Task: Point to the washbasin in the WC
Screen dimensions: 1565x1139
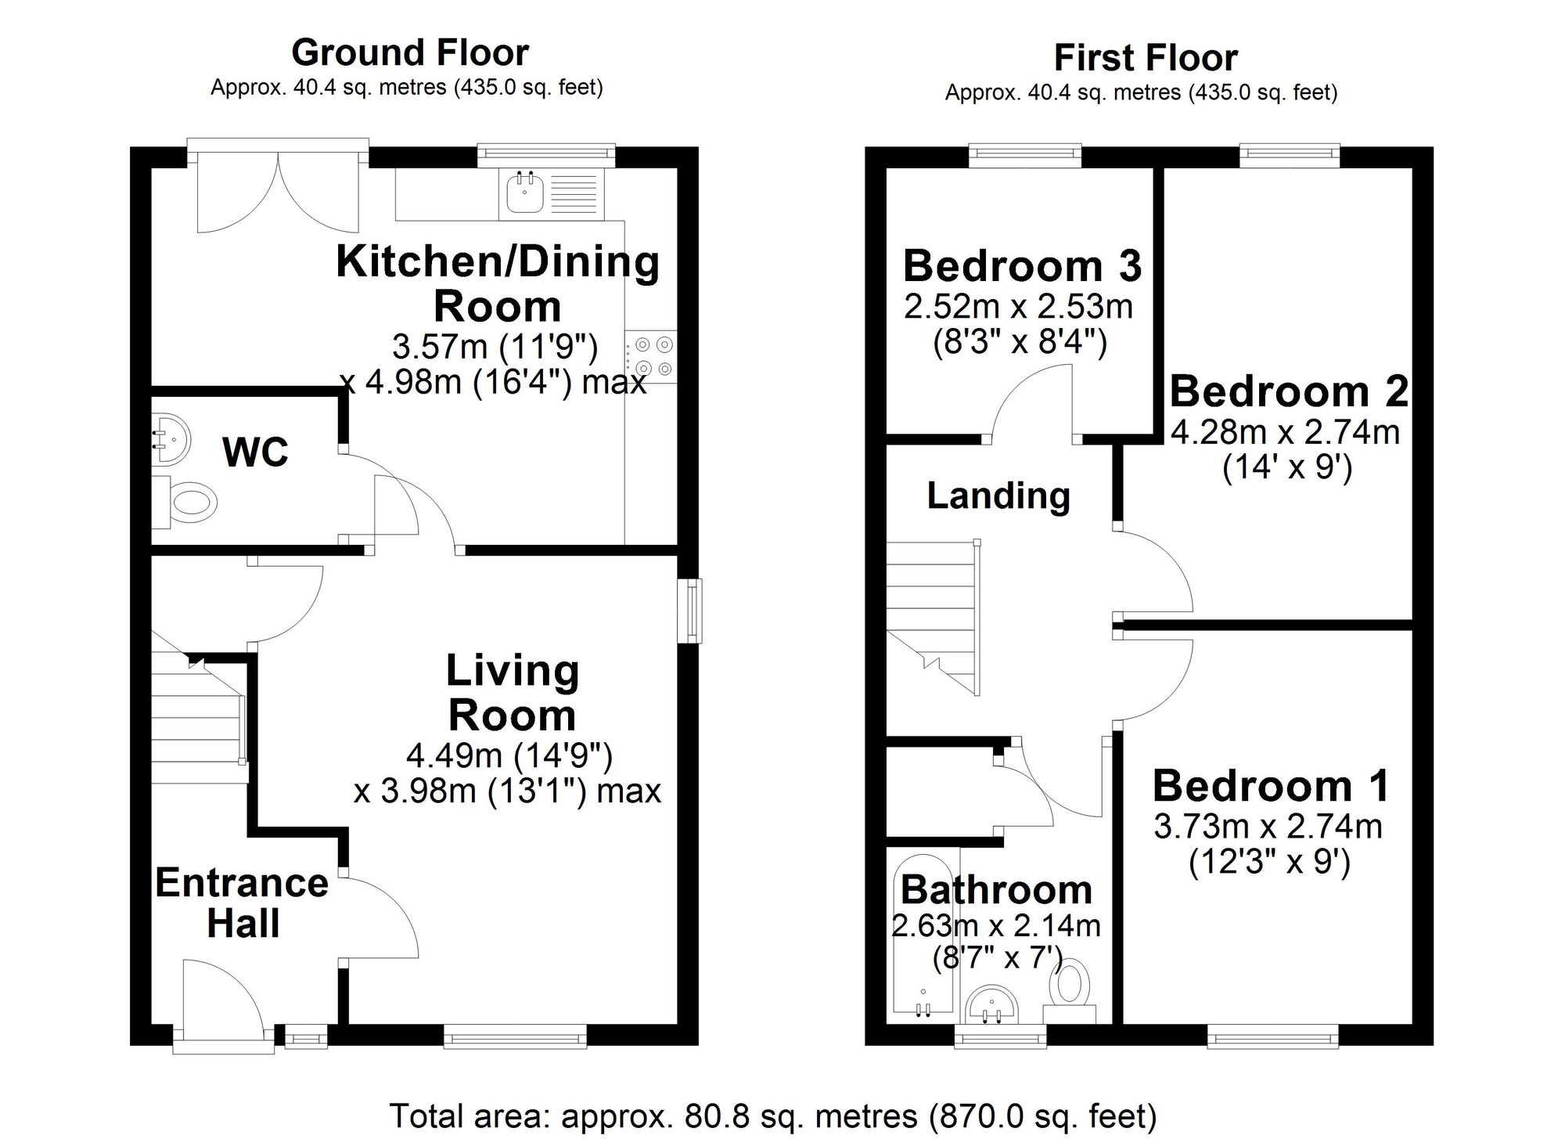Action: point(169,440)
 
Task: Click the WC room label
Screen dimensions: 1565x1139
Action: point(255,452)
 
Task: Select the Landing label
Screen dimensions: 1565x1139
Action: point(998,496)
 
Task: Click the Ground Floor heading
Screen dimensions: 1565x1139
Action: point(410,52)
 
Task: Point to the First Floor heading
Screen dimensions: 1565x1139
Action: point(1146,57)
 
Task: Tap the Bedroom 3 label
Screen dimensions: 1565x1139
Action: point(1022,266)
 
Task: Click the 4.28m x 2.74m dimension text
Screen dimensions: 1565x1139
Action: point(1285,432)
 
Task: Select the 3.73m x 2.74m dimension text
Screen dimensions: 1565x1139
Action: point(1268,827)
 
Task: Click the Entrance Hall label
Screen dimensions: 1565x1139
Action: point(242,903)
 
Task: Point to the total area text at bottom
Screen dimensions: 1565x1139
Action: point(773,1116)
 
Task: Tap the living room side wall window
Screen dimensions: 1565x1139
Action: point(690,611)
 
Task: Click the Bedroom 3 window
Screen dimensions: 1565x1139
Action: point(1025,156)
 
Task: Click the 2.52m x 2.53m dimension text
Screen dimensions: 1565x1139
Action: point(1018,307)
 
